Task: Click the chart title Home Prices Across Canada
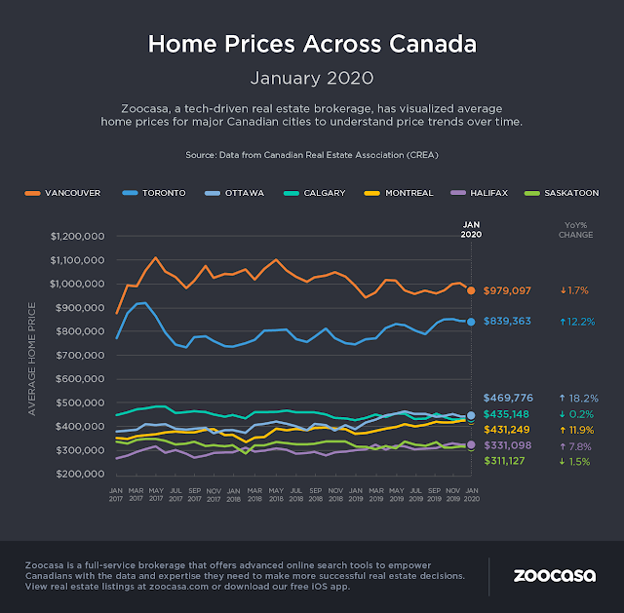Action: [312, 44]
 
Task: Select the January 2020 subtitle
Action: [312, 75]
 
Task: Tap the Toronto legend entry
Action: [159, 193]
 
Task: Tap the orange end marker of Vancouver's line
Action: [471, 290]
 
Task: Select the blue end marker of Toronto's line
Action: [471, 322]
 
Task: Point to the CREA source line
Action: [312, 155]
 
